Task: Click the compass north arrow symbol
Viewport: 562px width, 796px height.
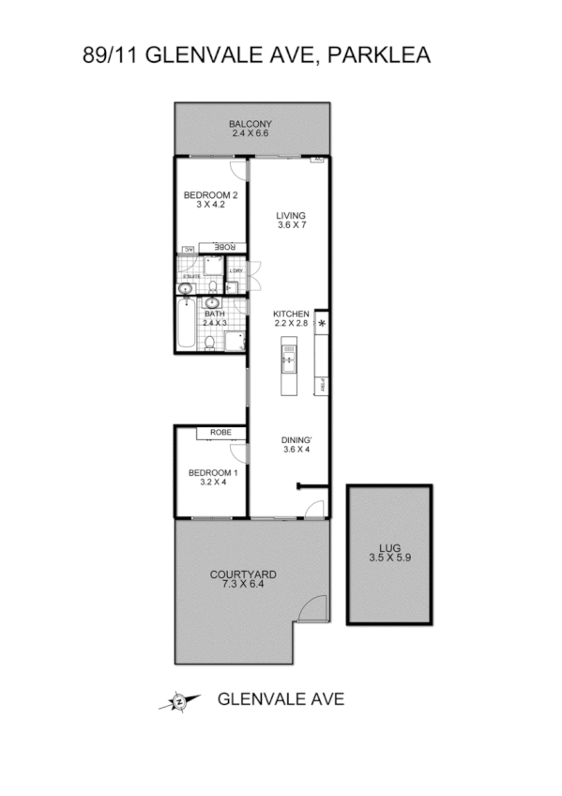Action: pyautogui.click(x=178, y=700)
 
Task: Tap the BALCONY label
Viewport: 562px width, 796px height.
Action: pyautogui.click(x=251, y=124)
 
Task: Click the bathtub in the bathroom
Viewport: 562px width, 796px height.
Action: pyautogui.click(x=186, y=328)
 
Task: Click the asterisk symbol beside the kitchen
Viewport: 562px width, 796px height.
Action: pyautogui.click(x=322, y=325)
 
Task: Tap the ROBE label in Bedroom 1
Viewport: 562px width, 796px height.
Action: pyautogui.click(x=220, y=433)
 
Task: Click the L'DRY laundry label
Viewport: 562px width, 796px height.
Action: pyautogui.click(x=236, y=272)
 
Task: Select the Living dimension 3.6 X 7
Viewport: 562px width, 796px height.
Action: pyautogui.click(x=291, y=226)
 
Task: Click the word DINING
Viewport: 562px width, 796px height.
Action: pyautogui.click(x=296, y=438)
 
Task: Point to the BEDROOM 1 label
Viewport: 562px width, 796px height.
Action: pyautogui.click(x=212, y=472)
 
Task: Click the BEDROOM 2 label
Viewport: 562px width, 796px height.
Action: pyautogui.click(x=210, y=195)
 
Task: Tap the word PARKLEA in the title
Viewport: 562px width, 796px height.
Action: pyautogui.click(x=378, y=56)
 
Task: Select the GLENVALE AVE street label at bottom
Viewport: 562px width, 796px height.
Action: pyautogui.click(x=281, y=699)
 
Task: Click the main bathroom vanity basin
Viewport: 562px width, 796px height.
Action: pyautogui.click(x=212, y=303)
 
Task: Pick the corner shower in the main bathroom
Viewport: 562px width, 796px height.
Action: pyautogui.click(x=233, y=342)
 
